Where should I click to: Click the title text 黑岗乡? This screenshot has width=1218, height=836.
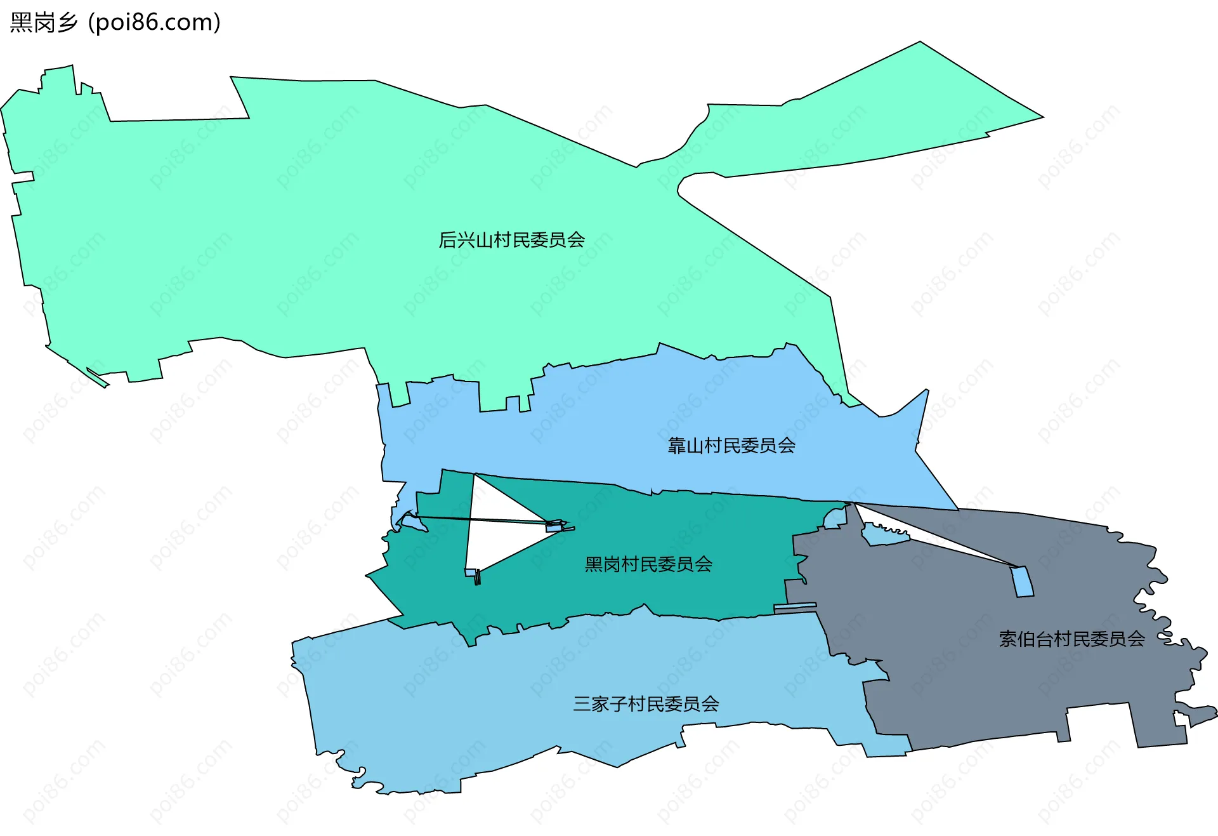point(43,23)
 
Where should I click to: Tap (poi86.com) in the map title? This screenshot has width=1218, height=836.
point(154,23)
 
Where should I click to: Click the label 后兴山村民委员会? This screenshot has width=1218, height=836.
point(511,240)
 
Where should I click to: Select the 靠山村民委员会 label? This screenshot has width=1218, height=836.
point(731,446)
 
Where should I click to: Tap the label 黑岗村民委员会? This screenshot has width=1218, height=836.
point(648,564)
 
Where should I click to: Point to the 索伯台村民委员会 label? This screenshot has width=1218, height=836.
point(1072,639)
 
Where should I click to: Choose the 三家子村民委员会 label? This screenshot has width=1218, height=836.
point(646,704)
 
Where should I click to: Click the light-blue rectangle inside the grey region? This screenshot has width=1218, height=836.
point(1022,582)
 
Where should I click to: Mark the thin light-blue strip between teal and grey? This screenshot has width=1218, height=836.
point(795,607)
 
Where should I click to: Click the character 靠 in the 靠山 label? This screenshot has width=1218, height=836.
point(676,446)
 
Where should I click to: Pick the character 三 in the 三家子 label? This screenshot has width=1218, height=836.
point(582,704)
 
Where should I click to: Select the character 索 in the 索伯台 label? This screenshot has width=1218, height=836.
point(1008,639)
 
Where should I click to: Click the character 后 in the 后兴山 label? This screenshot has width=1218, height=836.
point(447,240)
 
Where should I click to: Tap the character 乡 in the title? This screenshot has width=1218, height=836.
point(67,23)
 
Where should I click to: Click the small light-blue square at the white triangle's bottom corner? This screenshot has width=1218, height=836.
point(470,573)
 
